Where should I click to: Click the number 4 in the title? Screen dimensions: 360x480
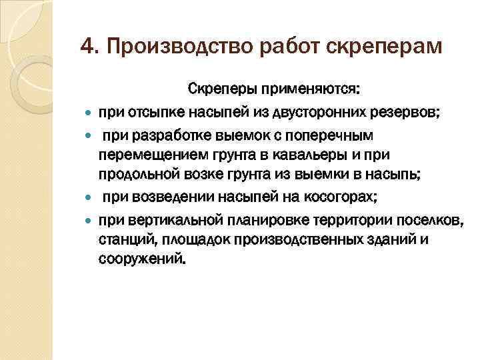click(x=85, y=46)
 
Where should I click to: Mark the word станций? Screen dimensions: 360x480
click(x=123, y=237)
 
